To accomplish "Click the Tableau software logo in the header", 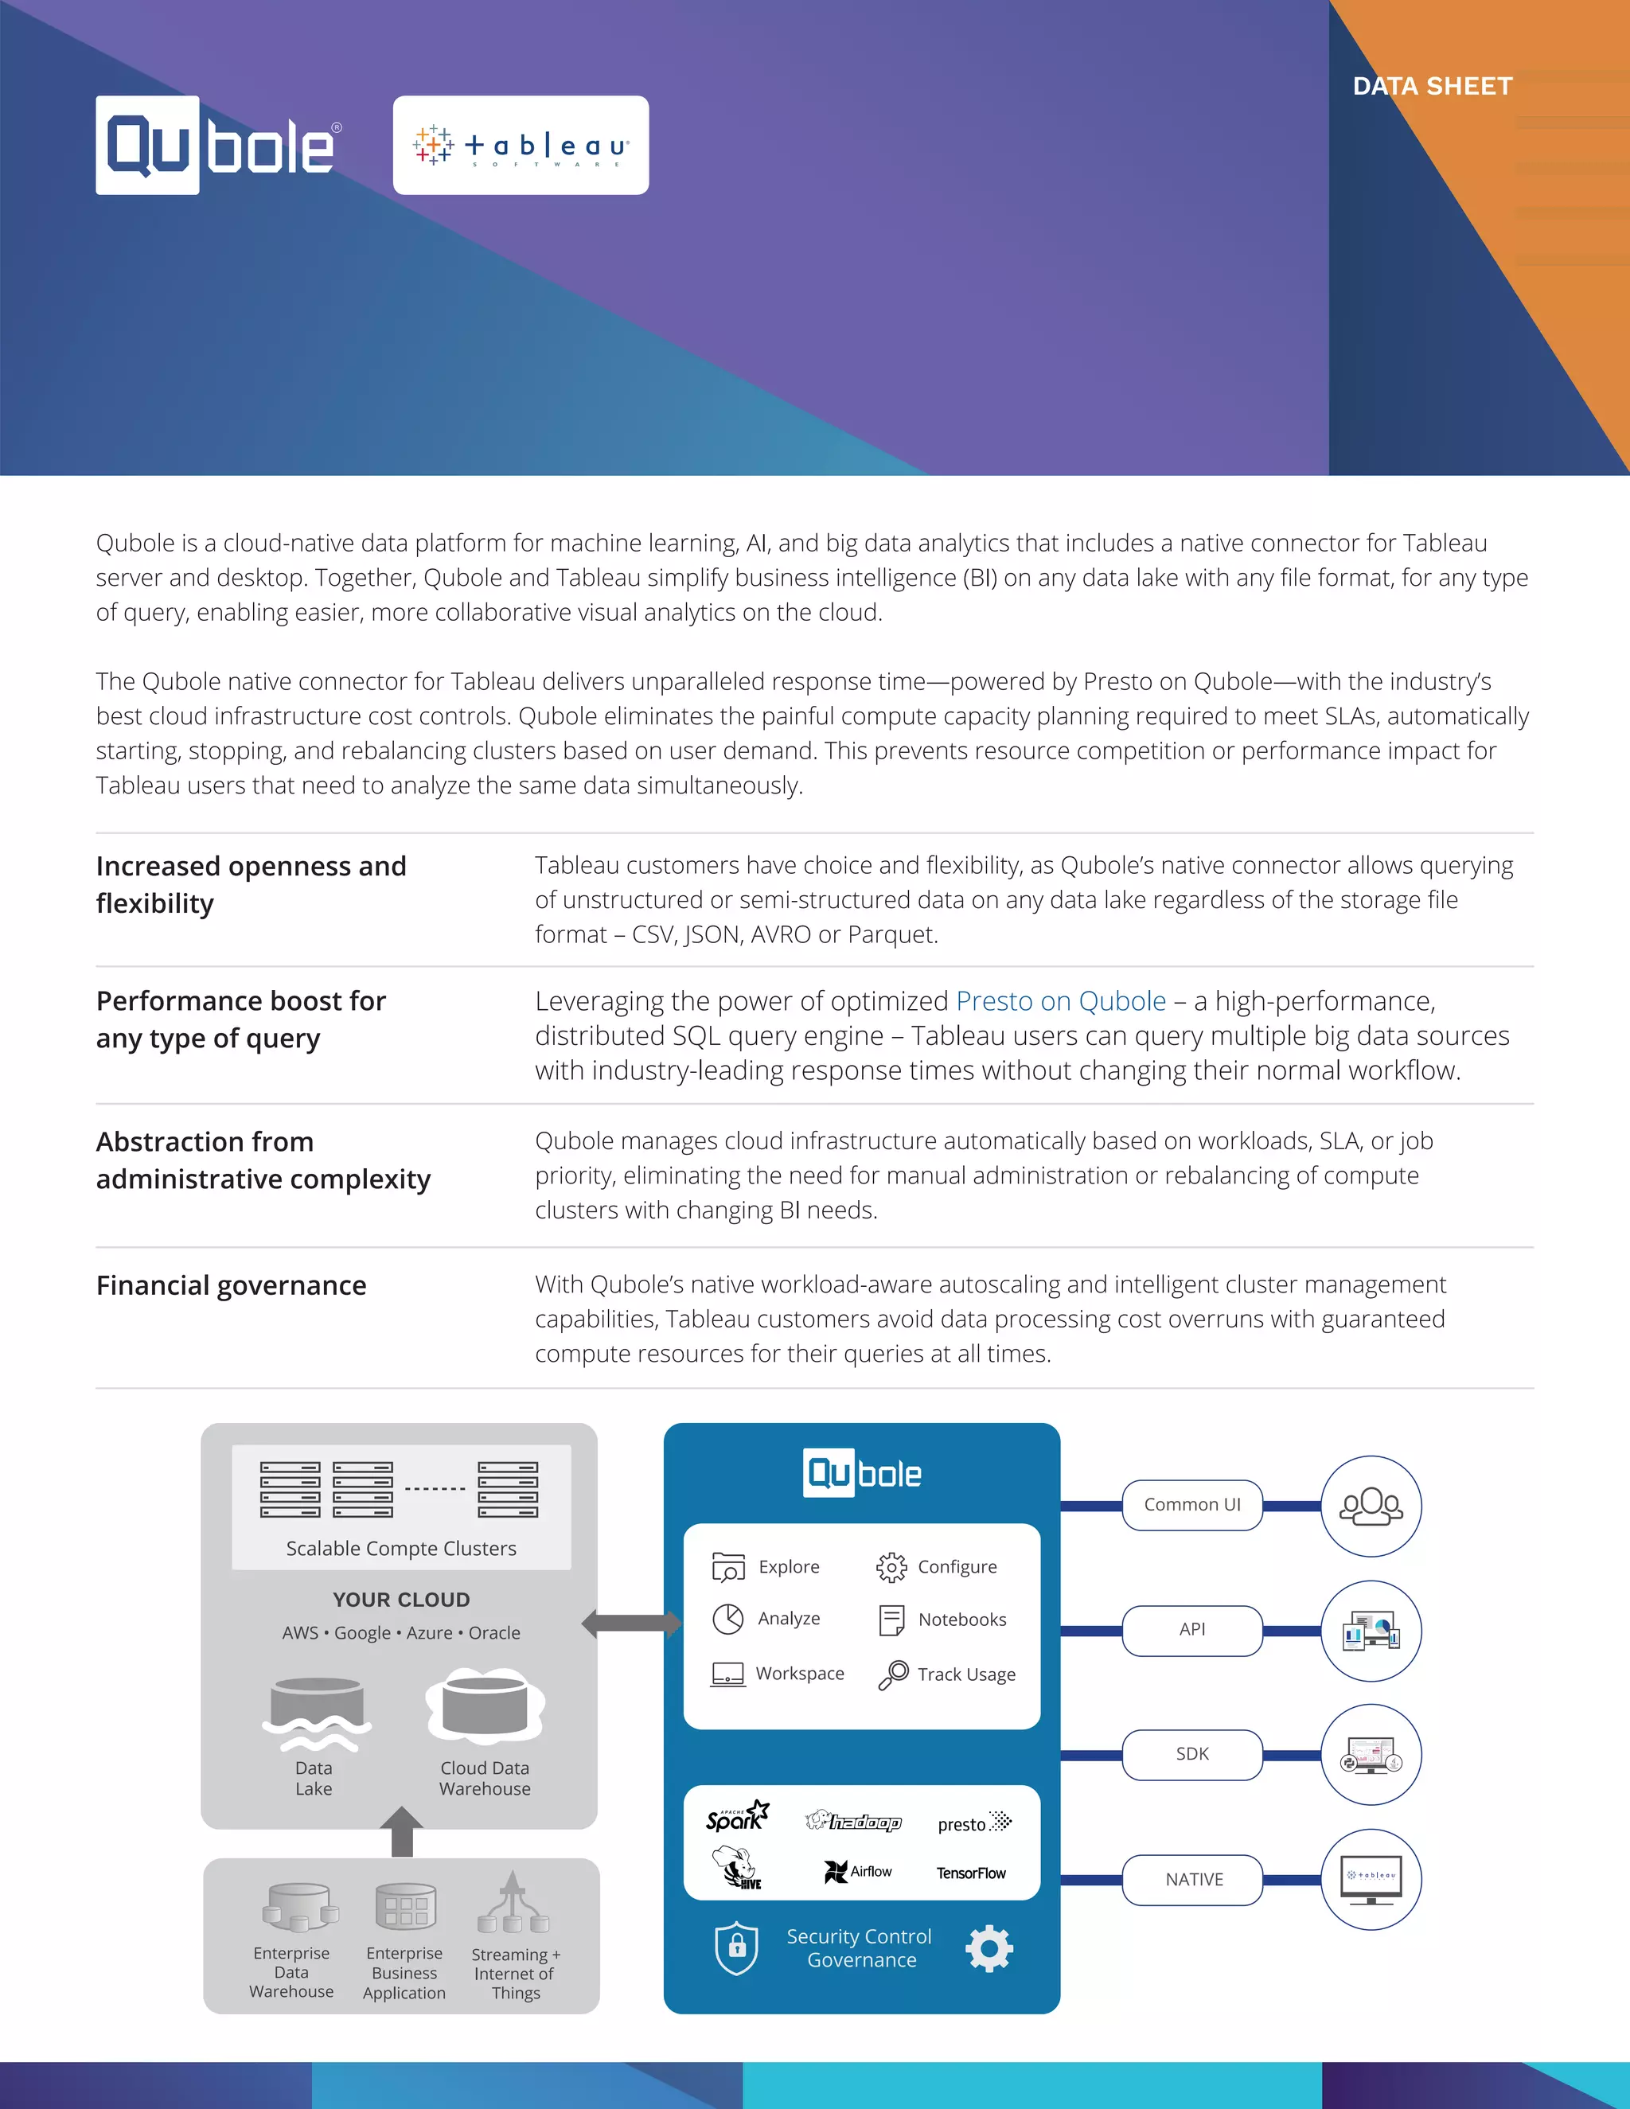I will click(x=521, y=146).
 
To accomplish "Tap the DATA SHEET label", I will click(x=1432, y=87).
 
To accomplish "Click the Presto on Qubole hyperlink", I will click(x=1060, y=1001).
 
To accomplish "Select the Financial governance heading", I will click(x=231, y=1285).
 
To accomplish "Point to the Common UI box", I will click(x=1191, y=1504).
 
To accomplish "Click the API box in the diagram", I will click(x=1191, y=1629).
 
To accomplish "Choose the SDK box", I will click(x=1191, y=1753).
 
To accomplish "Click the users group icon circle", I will click(x=1371, y=1506).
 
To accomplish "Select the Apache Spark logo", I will click(x=737, y=1816).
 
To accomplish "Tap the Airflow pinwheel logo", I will click(x=856, y=1872).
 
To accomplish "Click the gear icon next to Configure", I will click(x=891, y=1566).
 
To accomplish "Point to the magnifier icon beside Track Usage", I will click(x=892, y=1674).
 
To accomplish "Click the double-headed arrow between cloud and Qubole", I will click(x=630, y=1624).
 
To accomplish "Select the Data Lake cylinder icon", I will click(x=316, y=1712).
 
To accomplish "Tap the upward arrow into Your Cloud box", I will click(x=402, y=1831).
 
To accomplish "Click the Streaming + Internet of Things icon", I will click(x=513, y=1904).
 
